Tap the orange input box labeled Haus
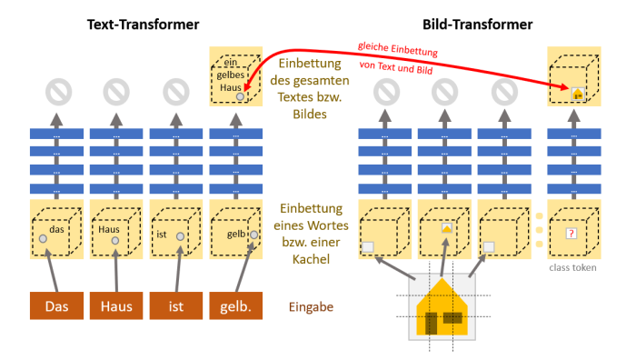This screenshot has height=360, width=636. pos(115,307)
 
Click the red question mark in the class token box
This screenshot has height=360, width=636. pos(571,234)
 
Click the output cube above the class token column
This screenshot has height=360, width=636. pos(571,76)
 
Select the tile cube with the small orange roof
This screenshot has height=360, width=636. pos(446,229)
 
